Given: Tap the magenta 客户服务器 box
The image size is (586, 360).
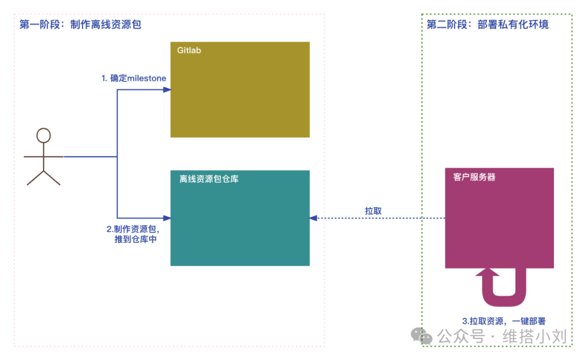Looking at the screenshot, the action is (x=499, y=222).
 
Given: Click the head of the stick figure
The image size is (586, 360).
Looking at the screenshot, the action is (x=43, y=135).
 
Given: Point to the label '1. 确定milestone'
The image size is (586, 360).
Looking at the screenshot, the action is (x=134, y=78).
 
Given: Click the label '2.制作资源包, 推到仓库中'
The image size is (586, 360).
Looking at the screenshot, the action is (x=132, y=234).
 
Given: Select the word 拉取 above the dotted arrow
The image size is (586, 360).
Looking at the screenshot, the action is (x=373, y=211).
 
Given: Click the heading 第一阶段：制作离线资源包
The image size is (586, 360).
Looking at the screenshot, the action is (x=80, y=24).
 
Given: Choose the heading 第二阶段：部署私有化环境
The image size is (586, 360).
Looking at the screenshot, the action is (x=488, y=24).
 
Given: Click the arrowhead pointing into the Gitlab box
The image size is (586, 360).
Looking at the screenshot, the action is (x=167, y=89).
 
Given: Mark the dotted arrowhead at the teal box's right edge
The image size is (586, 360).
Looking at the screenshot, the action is (x=313, y=218).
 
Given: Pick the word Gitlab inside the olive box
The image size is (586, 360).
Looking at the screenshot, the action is (x=189, y=50).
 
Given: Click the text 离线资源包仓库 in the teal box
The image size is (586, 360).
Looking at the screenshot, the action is (x=209, y=178).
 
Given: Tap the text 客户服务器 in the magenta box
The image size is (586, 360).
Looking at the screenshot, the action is (x=474, y=177).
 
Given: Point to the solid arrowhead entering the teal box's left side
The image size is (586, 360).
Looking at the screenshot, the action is (x=167, y=218).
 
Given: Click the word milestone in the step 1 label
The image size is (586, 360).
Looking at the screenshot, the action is (x=146, y=78).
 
